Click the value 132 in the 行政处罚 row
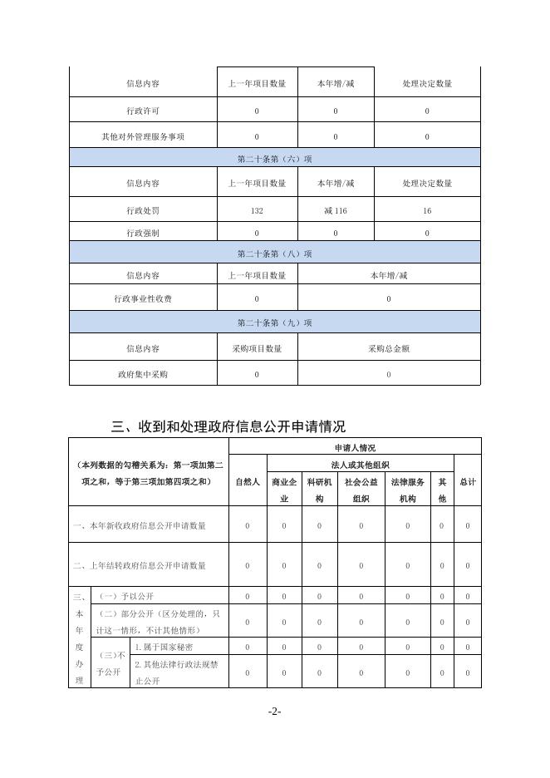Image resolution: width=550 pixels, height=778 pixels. point(257,211)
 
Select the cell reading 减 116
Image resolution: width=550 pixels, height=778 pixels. point(336,211)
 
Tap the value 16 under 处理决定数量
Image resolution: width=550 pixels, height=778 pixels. point(427,211)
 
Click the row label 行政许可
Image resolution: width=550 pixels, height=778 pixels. point(143,111)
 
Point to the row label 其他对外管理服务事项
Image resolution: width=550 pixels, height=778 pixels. point(143,136)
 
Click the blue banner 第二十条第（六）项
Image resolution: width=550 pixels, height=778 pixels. point(274,158)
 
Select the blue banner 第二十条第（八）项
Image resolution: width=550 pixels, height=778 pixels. point(274,254)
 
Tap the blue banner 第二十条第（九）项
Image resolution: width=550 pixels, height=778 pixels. point(274,323)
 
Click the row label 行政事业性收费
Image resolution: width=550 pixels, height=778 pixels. point(143,298)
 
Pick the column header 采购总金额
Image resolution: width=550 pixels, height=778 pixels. point(389,349)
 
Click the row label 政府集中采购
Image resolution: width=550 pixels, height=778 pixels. point(143,375)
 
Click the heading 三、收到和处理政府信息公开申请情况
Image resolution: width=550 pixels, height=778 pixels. point(228,427)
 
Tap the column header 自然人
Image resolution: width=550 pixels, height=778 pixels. point(248,481)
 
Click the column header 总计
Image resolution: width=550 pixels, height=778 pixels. point(468,481)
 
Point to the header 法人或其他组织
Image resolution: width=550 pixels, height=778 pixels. point(361,465)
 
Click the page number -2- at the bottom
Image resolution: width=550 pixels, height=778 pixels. point(275,712)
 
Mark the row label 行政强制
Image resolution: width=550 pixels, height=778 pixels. point(143,234)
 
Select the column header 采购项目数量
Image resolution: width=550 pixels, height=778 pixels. point(257,349)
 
